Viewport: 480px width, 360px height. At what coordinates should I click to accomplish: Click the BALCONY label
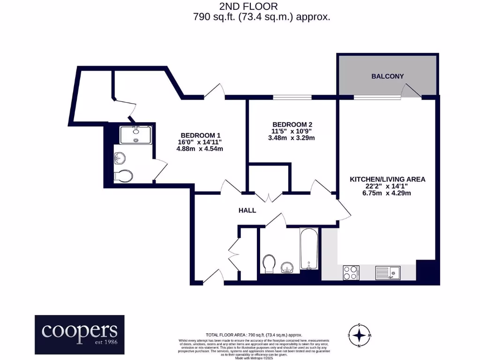(x=387, y=76)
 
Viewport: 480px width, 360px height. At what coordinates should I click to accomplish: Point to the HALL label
(x=247, y=210)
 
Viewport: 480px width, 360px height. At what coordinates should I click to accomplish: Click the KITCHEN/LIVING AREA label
(x=387, y=179)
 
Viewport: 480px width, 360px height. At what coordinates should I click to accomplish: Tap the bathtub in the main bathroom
(x=309, y=249)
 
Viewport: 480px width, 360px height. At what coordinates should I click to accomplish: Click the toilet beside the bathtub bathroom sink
(x=270, y=263)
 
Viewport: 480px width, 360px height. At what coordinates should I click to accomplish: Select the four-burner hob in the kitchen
(x=351, y=272)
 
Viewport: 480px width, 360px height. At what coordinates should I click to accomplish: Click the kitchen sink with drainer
(x=388, y=272)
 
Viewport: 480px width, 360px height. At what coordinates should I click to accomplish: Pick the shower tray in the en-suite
(x=135, y=134)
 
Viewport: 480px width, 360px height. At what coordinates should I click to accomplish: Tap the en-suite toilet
(x=123, y=176)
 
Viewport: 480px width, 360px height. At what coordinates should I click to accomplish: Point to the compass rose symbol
(x=359, y=335)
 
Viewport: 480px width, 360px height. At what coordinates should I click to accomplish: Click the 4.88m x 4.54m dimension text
(x=199, y=149)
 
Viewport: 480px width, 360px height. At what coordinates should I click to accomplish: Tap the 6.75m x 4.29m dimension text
(x=387, y=194)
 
